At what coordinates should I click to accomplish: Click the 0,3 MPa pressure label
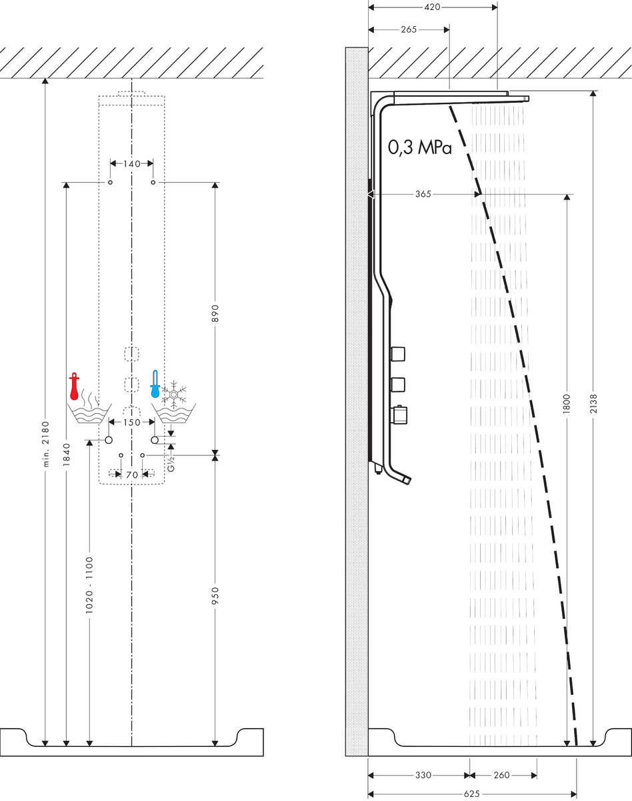(x=420, y=148)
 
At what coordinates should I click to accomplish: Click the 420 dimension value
(x=433, y=8)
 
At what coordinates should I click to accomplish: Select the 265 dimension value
(x=409, y=30)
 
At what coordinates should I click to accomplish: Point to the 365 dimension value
(x=423, y=194)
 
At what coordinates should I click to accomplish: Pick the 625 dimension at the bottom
(x=471, y=794)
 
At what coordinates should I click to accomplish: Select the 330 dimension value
(x=423, y=775)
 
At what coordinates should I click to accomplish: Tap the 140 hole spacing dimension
(x=131, y=163)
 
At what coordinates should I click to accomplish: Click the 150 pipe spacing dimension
(x=131, y=422)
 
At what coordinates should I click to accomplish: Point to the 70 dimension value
(x=131, y=475)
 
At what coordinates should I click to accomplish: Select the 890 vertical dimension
(x=215, y=314)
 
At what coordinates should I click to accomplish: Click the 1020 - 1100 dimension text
(x=89, y=585)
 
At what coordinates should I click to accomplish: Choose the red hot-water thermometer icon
(x=74, y=387)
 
